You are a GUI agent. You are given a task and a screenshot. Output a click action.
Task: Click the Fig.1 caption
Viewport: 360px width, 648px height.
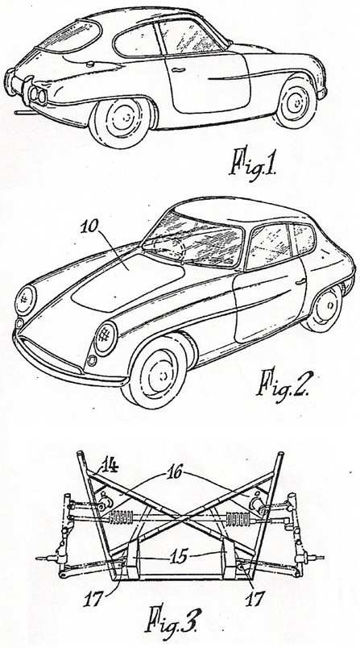[254, 164]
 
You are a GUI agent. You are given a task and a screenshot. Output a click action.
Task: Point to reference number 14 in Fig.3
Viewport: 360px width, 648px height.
[109, 466]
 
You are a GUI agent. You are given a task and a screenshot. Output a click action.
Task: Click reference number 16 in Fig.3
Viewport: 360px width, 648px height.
[175, 471]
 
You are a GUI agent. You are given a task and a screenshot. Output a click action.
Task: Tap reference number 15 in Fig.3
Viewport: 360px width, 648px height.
[178, 556]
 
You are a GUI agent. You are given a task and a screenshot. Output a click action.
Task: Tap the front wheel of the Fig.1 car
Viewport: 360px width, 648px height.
[296, 102]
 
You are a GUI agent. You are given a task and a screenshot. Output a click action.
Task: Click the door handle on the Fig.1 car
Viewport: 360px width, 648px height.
[177, 70]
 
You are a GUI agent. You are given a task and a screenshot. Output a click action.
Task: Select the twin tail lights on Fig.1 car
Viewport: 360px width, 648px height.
[38, 95]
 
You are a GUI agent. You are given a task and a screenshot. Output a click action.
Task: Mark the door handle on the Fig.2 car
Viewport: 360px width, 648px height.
[300, 281]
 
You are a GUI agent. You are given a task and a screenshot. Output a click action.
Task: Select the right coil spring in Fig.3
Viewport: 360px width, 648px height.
[238, 517]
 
